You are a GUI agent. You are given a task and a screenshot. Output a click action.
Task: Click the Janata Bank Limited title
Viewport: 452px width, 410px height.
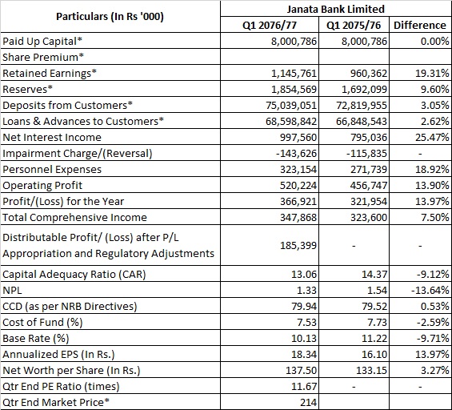tap(335, 10)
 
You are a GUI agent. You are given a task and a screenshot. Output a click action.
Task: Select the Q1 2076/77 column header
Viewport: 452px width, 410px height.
tap(270, 26)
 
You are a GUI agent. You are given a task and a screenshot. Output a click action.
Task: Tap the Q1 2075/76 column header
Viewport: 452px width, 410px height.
tap(354, 26)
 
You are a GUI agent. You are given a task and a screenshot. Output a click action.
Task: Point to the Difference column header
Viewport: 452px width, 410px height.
tap(420, 25)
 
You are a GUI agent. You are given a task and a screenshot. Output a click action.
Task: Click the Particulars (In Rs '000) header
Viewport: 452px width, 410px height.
tap(110, 17)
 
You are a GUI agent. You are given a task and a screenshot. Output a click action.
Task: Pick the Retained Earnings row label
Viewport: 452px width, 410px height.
tap(50, 74)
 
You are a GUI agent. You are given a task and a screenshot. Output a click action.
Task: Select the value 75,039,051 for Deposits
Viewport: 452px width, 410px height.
tap(291, 106)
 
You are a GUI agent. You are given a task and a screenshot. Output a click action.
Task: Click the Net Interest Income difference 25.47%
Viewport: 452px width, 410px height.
tap(432, 138)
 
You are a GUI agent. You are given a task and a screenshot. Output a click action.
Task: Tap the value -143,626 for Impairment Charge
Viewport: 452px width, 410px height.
tap(296, 153)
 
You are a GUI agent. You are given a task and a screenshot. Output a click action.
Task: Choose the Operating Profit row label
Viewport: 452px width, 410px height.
tap(42, 185)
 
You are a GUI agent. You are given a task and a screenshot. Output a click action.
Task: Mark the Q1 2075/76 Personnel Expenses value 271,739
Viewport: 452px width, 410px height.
tap(369, 170)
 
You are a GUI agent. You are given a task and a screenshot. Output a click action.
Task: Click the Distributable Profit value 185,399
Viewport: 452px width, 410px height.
tap(298, 246)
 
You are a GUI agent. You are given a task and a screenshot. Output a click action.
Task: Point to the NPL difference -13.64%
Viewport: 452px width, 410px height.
tap(430, 290)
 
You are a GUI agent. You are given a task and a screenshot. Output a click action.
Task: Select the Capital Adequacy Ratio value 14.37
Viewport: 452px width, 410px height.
tap(374, 274)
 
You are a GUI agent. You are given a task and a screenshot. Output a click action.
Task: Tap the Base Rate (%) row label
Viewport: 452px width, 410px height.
tap(36, 338)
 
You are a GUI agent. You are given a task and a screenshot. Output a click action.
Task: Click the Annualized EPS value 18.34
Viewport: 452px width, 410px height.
tap(304, 354)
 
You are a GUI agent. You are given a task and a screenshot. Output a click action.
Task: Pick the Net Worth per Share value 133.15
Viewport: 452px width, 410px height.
tap(371, 370)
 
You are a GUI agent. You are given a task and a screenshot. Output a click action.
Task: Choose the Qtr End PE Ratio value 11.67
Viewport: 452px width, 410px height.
tap(304, 386)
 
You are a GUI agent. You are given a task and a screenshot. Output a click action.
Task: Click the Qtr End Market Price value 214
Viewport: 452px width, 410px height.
tap(308, 402)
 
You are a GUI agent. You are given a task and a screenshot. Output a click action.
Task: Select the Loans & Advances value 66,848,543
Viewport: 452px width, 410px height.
tap(362, 121)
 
